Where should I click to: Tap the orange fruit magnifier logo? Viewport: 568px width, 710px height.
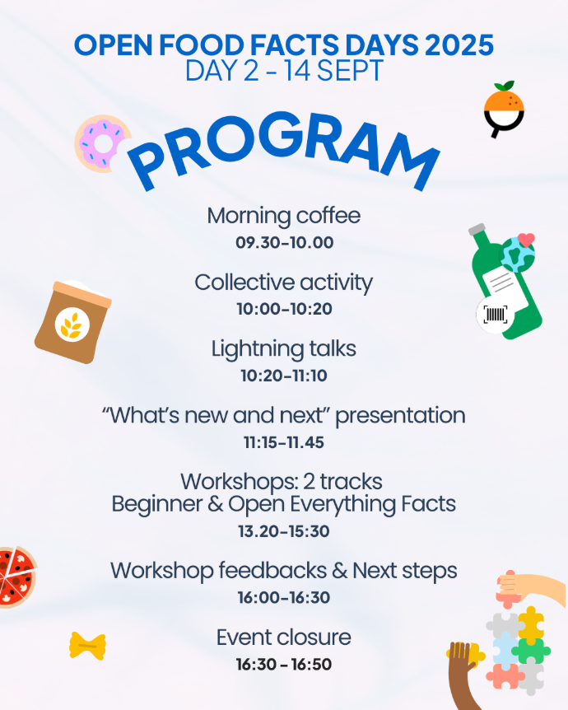[x=504, y=109]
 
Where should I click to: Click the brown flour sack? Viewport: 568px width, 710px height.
[x=73, y=321]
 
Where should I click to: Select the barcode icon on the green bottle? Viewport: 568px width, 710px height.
[x=495, y=315]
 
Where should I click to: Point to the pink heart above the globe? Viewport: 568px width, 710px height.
[x=526, y=240]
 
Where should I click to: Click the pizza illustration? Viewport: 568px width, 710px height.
[x=17, y=577]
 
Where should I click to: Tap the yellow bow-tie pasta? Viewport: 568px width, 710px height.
[x=87, y=646]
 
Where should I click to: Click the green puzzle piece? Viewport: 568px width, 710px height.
[x=531, y=650]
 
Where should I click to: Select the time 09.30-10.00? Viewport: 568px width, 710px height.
[x=284, y=242]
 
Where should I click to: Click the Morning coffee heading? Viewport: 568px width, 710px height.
[x=284, y=216]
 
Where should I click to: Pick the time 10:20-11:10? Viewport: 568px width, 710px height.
[x=284, y=376]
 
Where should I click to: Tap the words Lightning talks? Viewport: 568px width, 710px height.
[x=284, y=348]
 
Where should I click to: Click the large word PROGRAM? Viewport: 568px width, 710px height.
[x=284, y=147]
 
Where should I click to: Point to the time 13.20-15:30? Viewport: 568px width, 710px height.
[x=284, y=531]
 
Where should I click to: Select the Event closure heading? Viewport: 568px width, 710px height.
[x=284, y=637]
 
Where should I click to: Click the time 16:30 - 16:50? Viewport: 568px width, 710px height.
[x=284, y=664]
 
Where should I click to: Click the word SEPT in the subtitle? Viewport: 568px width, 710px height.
[x=350, y=71]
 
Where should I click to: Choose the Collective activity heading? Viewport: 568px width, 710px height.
[x=284, y=283]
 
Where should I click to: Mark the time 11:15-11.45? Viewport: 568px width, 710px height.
[x=284, y=442]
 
